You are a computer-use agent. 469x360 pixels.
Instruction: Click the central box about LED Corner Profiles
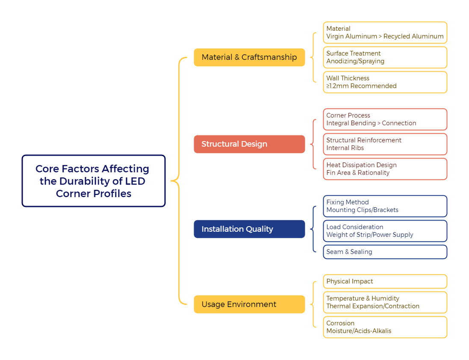click(93, 181)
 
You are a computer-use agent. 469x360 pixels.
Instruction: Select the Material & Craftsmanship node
click(249, 57)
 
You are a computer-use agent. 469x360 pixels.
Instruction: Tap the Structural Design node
click(249, 144)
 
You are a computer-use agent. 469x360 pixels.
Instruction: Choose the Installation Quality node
click(249, 229)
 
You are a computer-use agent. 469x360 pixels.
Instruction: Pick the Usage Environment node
click(249, 304)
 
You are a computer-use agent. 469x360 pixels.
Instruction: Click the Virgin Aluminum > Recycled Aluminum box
click(385, 32)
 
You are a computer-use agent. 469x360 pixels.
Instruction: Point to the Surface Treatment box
click(385, 57)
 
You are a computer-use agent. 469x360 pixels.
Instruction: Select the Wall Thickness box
click(385, 82)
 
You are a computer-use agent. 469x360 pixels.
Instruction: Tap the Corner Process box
click(385, 119)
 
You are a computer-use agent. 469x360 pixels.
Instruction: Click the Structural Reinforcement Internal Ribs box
click(385, 144)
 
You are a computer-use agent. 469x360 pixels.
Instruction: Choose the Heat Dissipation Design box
click(385, 169)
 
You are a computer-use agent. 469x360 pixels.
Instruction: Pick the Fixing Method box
click(385, 206)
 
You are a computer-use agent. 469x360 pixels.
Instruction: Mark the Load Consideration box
click(385, 231)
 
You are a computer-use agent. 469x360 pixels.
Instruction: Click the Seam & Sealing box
click(385, 252)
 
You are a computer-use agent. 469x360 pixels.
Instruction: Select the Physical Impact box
click(385, 281)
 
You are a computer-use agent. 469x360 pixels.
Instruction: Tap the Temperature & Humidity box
click(385, 302)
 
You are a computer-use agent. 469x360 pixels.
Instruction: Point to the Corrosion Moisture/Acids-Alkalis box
click(385, 327)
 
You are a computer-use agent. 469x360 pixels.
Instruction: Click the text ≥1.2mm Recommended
click(362, 86)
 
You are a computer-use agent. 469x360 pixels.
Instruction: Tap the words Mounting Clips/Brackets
click(363, 210)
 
